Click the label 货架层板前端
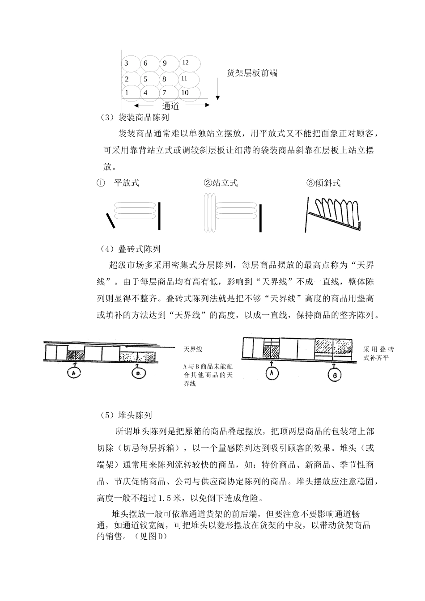pyautogui.click(x=252, y=73)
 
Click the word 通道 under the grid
pyautogui.click(x=170, y=106)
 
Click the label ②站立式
pyautogui.click(x=221, y=183)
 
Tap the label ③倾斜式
pyautogui.click(x=323, y=183)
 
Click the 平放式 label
pyautogui.click(x=127, y=183)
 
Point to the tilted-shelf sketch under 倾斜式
pyautogui.click(x=333, y=214)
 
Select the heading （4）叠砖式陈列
pyautogui.click(x=130, y=249)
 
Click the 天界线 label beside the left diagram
pyautogui.click(x=193, y=349)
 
